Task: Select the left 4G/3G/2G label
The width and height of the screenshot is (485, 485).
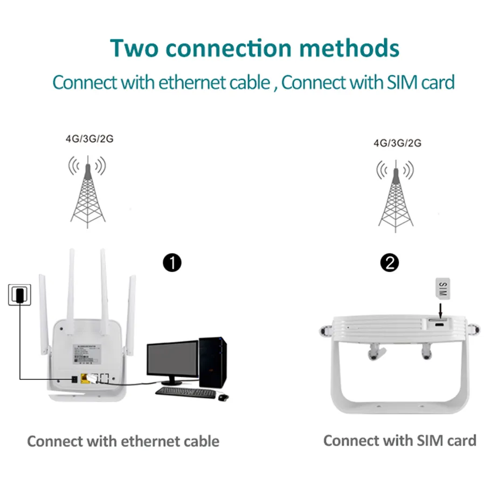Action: tap(89, 139)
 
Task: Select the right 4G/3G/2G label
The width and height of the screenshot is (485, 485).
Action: tap(397, 143)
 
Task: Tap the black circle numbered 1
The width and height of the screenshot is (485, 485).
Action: tap(172, 264)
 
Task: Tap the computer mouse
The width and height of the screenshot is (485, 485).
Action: tap(223, 397)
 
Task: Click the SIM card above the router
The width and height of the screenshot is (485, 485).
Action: tap(441, 289)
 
